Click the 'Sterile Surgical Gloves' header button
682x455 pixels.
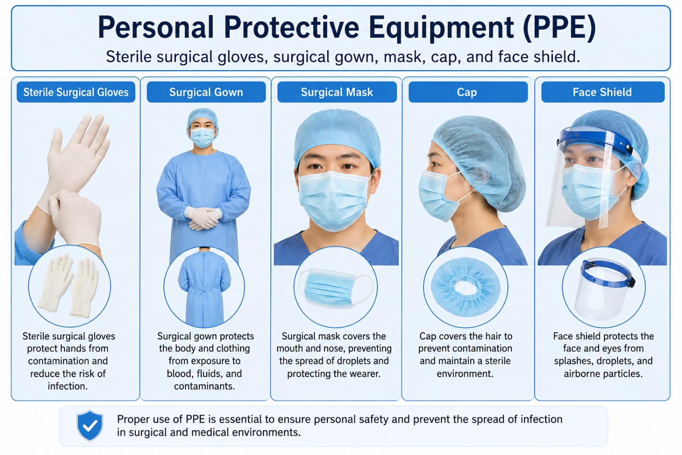76,92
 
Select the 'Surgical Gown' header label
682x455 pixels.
206,92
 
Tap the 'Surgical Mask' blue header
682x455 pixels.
337,92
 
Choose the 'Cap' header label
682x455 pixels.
468,92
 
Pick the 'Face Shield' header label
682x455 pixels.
603,92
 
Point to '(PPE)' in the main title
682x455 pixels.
560,28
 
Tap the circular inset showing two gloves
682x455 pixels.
70,286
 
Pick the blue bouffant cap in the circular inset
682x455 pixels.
466,287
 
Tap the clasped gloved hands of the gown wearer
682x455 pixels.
203,218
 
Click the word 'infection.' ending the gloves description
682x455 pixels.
68,386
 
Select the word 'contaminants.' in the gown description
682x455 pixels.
204,386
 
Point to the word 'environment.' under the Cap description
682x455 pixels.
465,373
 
